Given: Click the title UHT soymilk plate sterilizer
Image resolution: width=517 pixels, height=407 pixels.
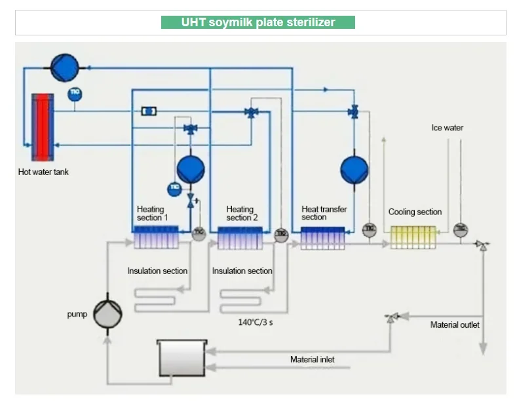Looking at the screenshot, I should (258, 22).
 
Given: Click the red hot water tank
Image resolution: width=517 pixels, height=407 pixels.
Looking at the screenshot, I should (43, 126).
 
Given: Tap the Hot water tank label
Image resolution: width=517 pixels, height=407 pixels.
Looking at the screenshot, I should (43, 172).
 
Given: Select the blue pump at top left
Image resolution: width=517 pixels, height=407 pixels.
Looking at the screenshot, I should (64, 66).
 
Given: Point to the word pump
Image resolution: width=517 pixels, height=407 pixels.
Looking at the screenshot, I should (77, 314).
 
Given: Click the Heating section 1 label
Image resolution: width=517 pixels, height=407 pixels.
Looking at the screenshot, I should (152, 213).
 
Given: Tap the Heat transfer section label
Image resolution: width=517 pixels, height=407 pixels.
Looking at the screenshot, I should (324, 213).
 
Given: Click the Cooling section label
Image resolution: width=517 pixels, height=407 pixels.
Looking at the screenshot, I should (415, 212).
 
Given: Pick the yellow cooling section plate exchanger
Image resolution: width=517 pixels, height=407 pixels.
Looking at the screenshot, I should (413, 237).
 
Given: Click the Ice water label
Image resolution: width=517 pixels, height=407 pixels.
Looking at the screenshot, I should (447, 128).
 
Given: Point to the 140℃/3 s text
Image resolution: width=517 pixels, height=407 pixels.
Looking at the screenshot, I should (254, 322).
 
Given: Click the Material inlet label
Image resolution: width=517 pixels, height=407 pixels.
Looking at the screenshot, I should (312, 359).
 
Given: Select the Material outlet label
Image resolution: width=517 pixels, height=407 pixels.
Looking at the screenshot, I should (454, 324).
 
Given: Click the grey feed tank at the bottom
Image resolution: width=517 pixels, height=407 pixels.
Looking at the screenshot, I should (182, 357).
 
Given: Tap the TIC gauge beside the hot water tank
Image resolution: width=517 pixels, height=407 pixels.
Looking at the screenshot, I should (75, 92).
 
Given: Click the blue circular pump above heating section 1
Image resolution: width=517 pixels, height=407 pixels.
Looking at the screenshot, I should (191, 168).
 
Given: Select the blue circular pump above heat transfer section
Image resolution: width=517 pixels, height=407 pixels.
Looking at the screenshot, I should (354, 170).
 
